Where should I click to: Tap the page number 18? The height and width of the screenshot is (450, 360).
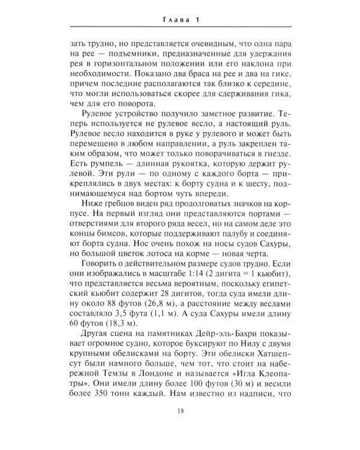[180, 427]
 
